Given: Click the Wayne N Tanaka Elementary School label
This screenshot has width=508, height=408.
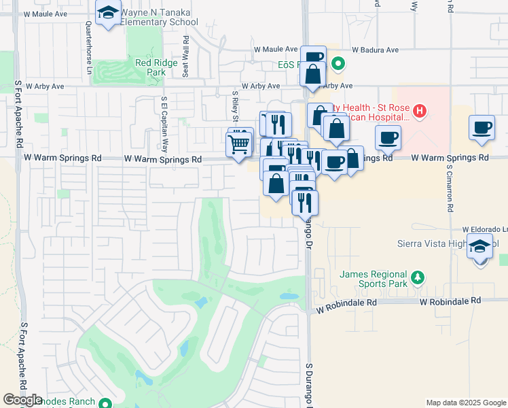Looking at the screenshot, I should pyautogui.click(x=159, y=17).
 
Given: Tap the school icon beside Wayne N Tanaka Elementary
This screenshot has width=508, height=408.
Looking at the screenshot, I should pyautogui.click(x=107, y=13).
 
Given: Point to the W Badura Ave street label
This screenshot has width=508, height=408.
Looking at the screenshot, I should pyautogui.click(x=376, y=50).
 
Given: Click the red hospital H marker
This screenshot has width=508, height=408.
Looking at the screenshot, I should pyautogui.click(x=420, y=110).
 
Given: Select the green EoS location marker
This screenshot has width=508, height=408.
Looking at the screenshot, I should pyautogui.click(x=339, y=65).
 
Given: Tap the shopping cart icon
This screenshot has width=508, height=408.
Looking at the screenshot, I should pyautogui.click(x=238, y=145).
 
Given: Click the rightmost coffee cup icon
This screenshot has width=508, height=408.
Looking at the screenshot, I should pyautogui.click(x=482, y=128).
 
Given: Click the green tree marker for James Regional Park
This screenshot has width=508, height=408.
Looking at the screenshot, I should pyautogui.click(x=419, y=277).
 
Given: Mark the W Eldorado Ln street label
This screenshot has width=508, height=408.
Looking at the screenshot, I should pyautogui.click(x=485, y=230).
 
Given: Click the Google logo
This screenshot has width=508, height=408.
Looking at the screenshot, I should pyautogui.click(x=22, y=400).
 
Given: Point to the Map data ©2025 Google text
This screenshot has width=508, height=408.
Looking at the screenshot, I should pyautogui.click(x=465, y=403).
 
